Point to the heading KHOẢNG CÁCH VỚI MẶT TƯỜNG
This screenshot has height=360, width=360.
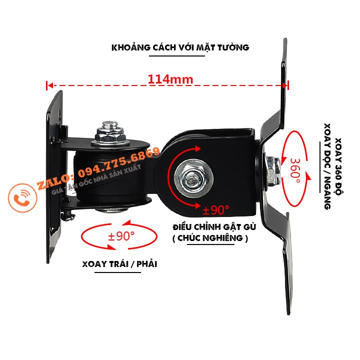[180, 48]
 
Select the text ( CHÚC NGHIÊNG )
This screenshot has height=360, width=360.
[209, 238]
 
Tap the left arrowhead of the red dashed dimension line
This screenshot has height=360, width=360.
[48, 85]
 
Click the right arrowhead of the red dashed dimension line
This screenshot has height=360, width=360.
[286, 85]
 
